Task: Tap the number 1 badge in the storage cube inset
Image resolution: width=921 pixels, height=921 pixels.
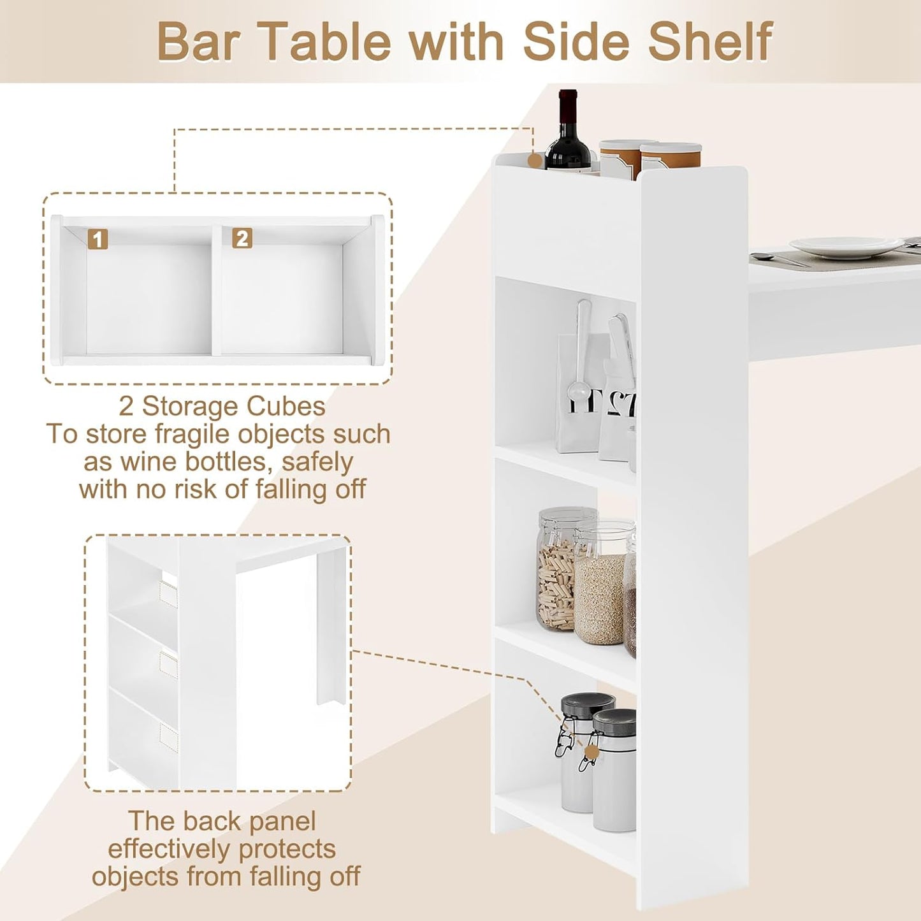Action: (98, 239)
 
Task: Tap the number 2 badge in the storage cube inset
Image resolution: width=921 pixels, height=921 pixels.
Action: (242, 238)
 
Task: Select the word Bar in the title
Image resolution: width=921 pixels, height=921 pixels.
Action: (197, 42)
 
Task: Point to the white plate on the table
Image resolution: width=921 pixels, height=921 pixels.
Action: (838, 246)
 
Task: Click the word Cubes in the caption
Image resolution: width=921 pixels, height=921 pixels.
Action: (286, 406)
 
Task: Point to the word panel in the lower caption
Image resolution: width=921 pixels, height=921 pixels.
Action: (282, 821)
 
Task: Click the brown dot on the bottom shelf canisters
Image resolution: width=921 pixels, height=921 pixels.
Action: (591, 753)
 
